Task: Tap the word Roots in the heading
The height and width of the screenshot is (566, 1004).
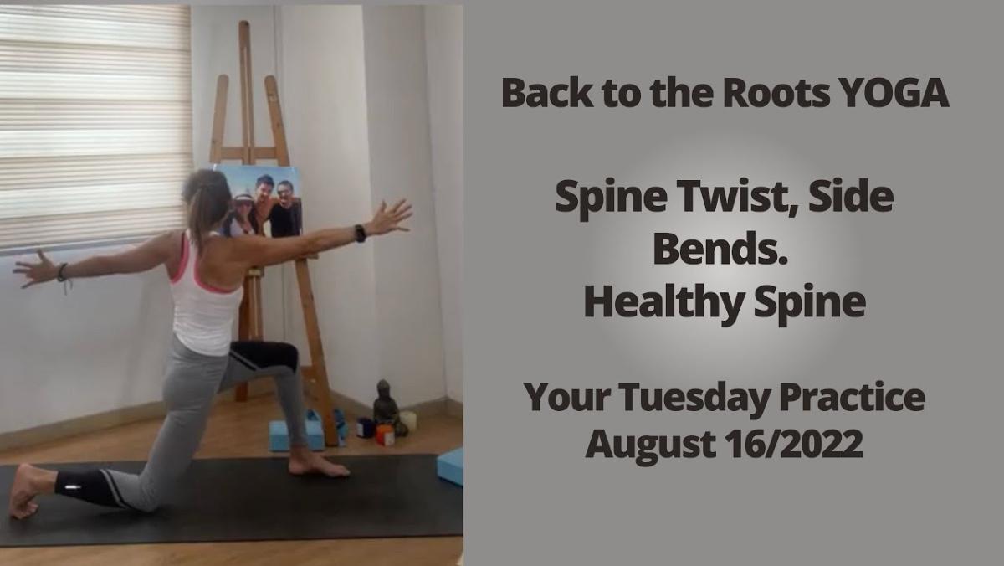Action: tap(776, 93)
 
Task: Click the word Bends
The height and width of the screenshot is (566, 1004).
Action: tap(720, 249)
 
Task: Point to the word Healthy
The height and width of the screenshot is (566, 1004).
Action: tap(666, 302)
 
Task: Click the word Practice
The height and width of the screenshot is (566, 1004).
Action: tap(852, 397)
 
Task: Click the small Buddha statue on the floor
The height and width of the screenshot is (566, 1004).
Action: tap(387, 406)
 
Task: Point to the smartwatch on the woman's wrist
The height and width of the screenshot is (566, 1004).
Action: tap(360, 234)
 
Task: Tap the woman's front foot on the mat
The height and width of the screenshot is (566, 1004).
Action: tap(317, 465)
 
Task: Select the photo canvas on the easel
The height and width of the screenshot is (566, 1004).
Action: tap(260, 200)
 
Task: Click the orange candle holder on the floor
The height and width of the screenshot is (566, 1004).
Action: tap(385, 435)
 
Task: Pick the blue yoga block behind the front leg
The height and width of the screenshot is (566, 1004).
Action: tap(297, 435)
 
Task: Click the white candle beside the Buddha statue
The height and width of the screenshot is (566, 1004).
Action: tap(409, 421)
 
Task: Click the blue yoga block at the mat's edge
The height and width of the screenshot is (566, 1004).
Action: tap(449, 466)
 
